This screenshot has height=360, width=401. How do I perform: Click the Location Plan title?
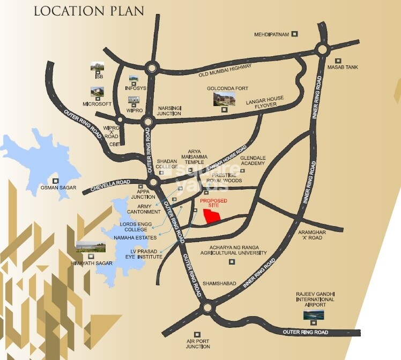88,11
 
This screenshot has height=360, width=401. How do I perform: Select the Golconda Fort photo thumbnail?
224,99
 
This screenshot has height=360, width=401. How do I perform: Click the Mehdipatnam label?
271,34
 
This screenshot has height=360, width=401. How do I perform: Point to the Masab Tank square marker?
338,60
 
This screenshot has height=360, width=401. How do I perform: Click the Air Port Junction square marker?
197,334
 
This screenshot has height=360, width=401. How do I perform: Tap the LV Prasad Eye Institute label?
146,254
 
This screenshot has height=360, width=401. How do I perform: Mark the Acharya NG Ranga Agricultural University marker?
232,261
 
